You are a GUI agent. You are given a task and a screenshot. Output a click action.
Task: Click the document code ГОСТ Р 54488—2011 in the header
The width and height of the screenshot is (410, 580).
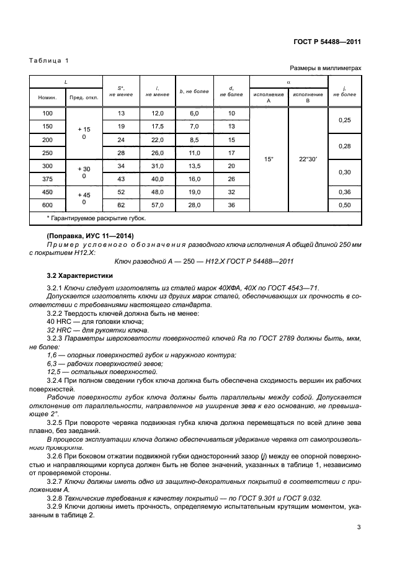[328, 42]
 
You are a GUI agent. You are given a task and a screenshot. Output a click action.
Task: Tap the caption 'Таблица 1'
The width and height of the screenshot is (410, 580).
[49, 60]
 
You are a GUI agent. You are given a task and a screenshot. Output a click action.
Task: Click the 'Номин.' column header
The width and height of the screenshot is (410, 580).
[48, 98]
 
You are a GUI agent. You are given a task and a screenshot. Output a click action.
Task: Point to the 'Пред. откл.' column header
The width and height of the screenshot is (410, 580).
[84, 98]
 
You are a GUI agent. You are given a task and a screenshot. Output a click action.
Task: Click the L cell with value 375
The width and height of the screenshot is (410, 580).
[48, 179]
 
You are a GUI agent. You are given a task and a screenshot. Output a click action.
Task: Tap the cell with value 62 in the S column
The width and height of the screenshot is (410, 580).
[121, 205]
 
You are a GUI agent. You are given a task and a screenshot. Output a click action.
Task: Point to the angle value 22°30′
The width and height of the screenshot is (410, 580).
[308, 159]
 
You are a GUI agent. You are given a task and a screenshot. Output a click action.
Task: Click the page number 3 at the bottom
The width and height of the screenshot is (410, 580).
[359, 529]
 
